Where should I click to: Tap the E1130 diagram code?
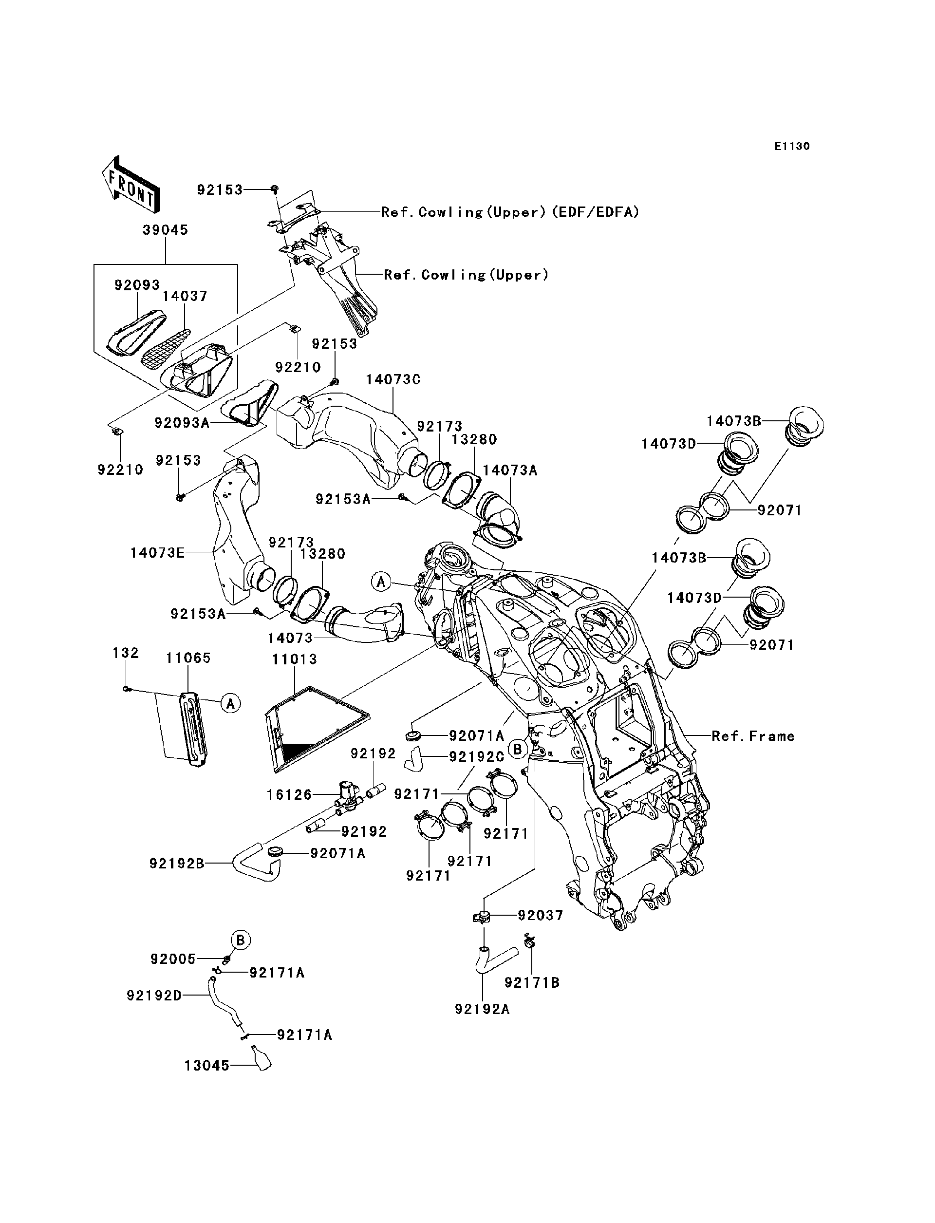tap(792, 147)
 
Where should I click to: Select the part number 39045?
tap(165, 230)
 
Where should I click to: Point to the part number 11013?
tap(295, 659)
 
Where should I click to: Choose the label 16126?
tap(289, 794)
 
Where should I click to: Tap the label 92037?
tap(541, 915)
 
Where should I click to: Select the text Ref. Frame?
tap(753, 736)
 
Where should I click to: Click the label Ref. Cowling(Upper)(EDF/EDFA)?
tap(510, 212)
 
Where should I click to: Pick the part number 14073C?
tap(393, 379)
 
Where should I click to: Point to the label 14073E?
tap(157, 553)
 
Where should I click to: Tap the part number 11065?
tap(188, 659)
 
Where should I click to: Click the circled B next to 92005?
tap(241, 940)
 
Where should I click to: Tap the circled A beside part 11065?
tap(230, 704)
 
